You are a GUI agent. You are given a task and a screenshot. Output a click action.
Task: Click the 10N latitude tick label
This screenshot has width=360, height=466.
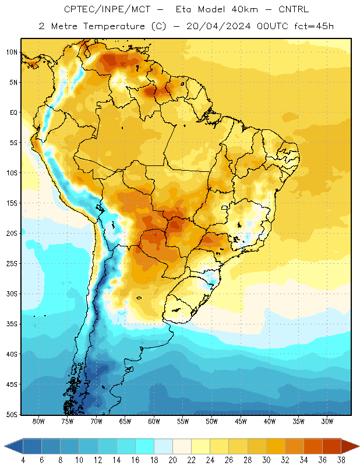pyautogui.click(x=12, y=52)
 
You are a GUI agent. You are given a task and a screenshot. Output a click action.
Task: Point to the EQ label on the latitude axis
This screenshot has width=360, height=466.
pyautogui.click(x=13, y=112)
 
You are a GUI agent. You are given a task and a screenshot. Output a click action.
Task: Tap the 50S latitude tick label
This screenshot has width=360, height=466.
pyautogui.click(x=12, y=415)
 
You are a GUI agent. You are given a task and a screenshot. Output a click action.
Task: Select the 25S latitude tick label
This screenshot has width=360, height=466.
pyautogui.click(x=12, y=264)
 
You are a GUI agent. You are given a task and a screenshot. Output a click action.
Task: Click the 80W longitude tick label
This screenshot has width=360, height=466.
pyautogui.click(x=38, y=421)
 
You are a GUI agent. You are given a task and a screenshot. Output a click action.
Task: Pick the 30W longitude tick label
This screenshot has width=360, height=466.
pyautogui.click(x=327, y=421)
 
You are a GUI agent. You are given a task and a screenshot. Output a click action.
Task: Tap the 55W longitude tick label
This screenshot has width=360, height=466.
pyautogui.click(x=183, y=421)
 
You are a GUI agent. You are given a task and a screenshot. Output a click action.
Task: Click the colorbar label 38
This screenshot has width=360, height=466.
pyautogui.click(x=341, y=460)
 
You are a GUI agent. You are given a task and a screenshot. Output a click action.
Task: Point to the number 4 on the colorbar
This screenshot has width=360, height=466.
pyautogui.click(x=23, y=460)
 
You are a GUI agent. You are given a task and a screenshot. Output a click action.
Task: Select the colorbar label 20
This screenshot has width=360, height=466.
pyautogui.click(x=172, y=460)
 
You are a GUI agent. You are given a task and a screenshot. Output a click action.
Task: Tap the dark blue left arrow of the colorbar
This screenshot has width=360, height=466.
pyautogui.click(x=13, y=446)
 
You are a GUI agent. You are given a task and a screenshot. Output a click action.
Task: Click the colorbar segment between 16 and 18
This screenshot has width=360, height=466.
pyautogui.click(x=145, y=446)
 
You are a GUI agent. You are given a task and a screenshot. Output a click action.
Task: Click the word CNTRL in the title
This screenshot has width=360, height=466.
pyautogui.click(x=294, y=9)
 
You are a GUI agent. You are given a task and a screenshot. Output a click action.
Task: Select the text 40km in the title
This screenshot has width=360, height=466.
pyautogui.click(x=245, y=9)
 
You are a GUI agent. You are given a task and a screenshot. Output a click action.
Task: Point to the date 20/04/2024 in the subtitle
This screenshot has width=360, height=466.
pyautogui.click(x=218, y=26)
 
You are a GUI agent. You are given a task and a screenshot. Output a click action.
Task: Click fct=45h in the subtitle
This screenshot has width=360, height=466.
pyautogui.click(x=314, y=26)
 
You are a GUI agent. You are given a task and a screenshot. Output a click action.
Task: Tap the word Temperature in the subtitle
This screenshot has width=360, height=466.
pyautogui.click(x=114, y=26)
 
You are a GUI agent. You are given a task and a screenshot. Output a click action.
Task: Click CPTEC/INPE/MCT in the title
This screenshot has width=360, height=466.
pyautogui.click(x=107, y=9)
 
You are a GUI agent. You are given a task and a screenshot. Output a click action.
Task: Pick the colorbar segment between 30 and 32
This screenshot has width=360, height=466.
pyautogui.click(x=276, y=446)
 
